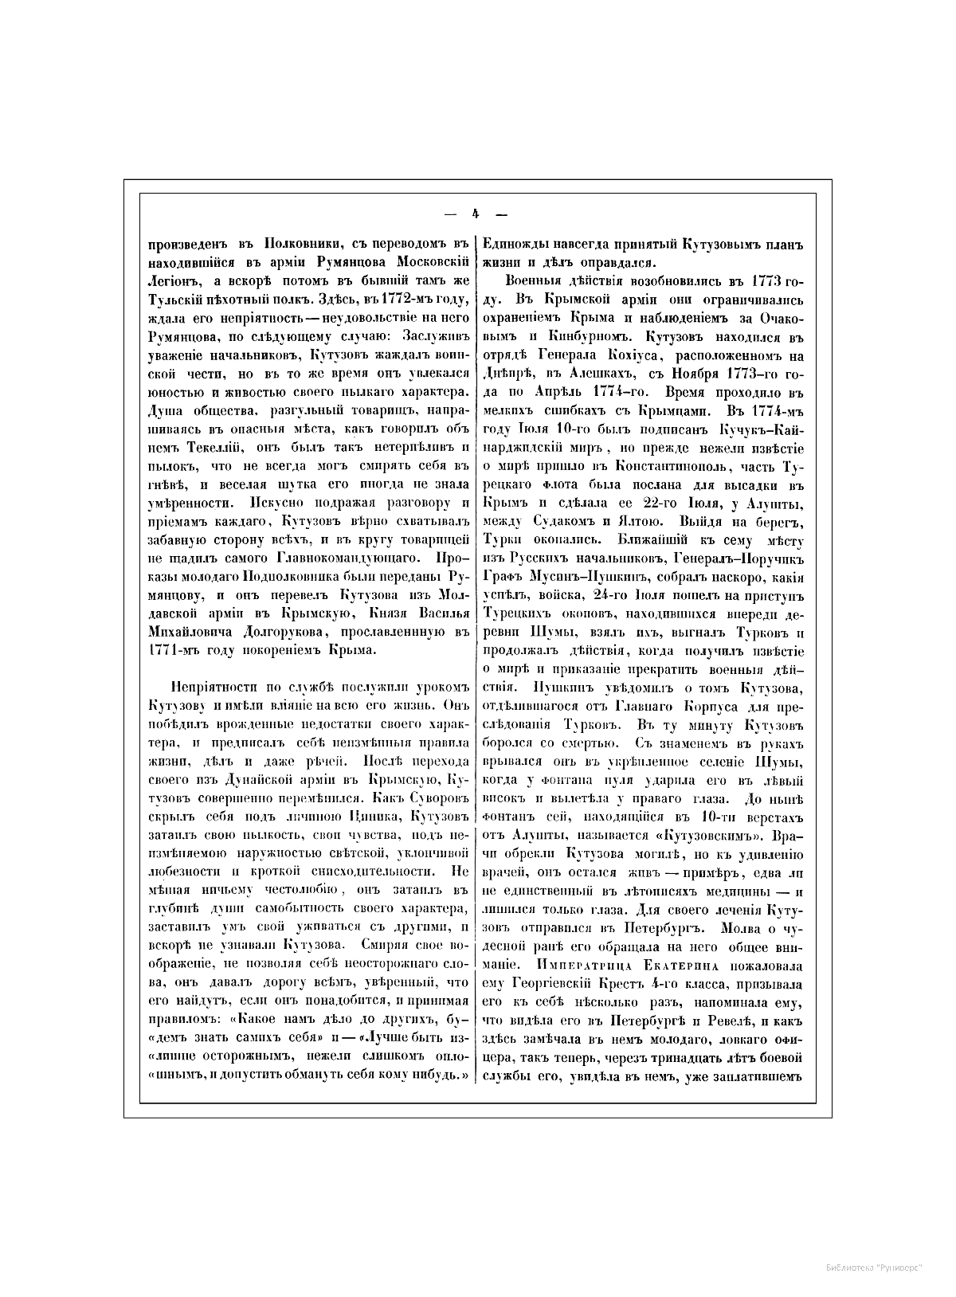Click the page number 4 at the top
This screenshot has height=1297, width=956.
476,214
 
